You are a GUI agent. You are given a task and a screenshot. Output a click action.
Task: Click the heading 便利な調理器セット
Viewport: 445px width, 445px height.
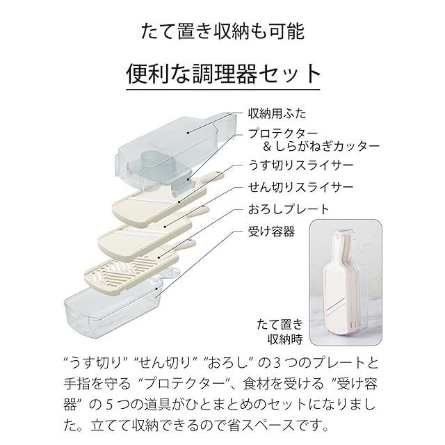pos(222,74)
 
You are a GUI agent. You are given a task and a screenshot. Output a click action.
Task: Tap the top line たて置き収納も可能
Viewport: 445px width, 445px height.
pos(222,31)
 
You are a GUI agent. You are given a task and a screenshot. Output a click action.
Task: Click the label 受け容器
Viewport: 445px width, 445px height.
pos(271,231)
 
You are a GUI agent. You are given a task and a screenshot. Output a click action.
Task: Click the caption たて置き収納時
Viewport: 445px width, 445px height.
pos(279,332)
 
